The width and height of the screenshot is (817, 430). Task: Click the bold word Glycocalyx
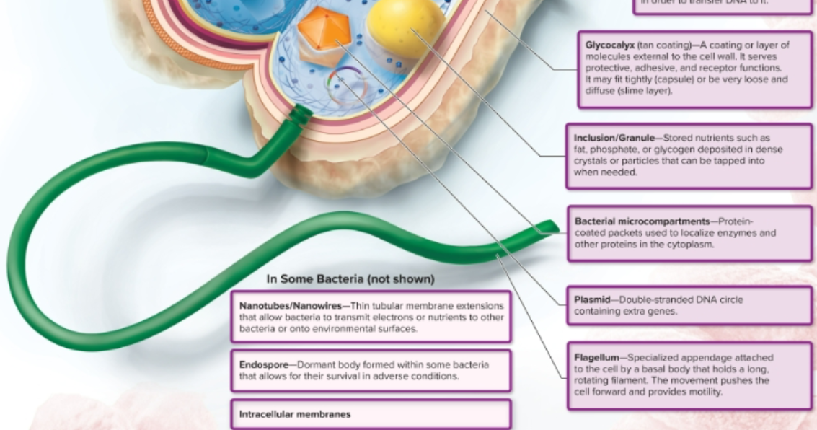(609, 45)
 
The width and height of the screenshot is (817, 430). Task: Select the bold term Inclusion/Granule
(616, 138)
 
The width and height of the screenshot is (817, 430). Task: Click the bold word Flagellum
(596, 357)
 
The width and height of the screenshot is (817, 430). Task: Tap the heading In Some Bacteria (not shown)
(350, 278)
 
